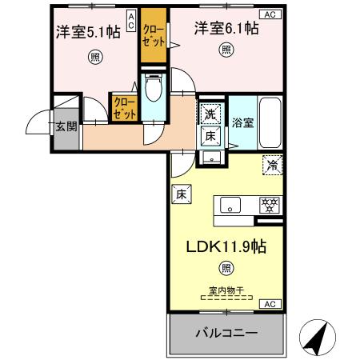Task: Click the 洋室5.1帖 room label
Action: (x=88, y=32)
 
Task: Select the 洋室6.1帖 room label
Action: (x=226, y=29)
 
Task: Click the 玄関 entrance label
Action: (x=66, y=127)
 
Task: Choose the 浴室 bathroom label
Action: (x=242, y=124)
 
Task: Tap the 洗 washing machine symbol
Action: (x=210, y=114)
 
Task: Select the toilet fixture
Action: (x=154, y=88)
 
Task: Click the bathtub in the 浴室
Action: (x=271, y=122)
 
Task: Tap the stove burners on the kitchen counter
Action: (x=269, y=205)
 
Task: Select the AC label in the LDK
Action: (x=270, y=304)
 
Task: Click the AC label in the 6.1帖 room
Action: (x=270, y=14)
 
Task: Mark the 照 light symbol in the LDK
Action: (x=228, y=268)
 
